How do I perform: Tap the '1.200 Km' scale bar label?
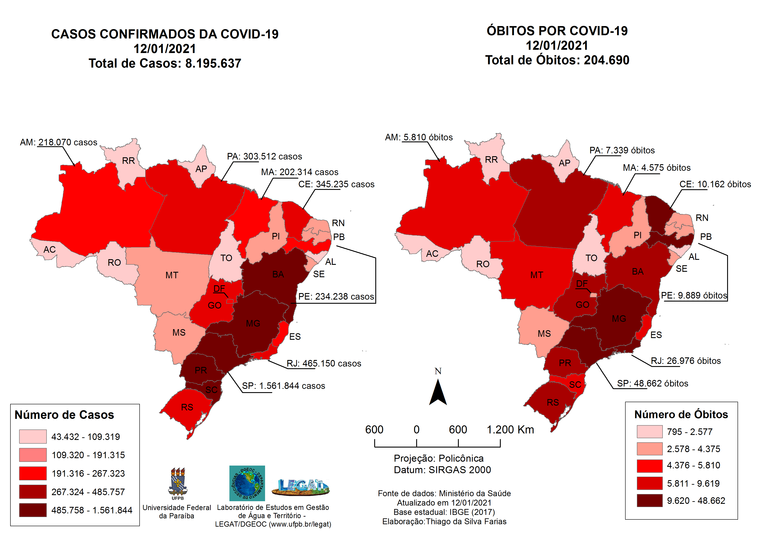click(x=510, y=430)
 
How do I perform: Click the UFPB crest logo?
click(x=178, y=483)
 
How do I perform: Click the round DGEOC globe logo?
click(x=247, y=483)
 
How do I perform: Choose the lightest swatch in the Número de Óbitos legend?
click(x=649, y=432)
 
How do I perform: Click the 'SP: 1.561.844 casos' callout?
click(x=283, y=386)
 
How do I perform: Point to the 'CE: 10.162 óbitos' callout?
click(x=715, y=184)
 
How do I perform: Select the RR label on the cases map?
click(x=128, y=161)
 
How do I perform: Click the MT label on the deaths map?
click(x=537, y=275)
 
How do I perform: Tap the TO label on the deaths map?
click(x=591, y=258)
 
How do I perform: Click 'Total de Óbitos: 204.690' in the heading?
click(x=557, y=60)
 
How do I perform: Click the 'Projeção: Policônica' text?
click(x=439, y=458)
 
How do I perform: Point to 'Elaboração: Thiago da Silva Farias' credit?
click(x=444, y=521)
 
